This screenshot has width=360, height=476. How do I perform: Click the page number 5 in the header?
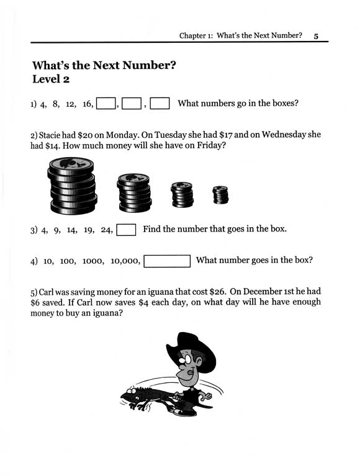point(315,37)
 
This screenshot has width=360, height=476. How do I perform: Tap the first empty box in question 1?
point(107,104)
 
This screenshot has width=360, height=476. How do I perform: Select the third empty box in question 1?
point(160,104)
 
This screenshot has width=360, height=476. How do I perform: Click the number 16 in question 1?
point(86,104)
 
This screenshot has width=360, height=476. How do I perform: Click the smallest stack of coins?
point(220,195)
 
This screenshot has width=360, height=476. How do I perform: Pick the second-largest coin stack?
point(135,191)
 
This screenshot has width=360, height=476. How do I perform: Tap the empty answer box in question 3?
point(127,230)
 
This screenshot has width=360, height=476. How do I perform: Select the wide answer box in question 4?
point(166,261)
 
